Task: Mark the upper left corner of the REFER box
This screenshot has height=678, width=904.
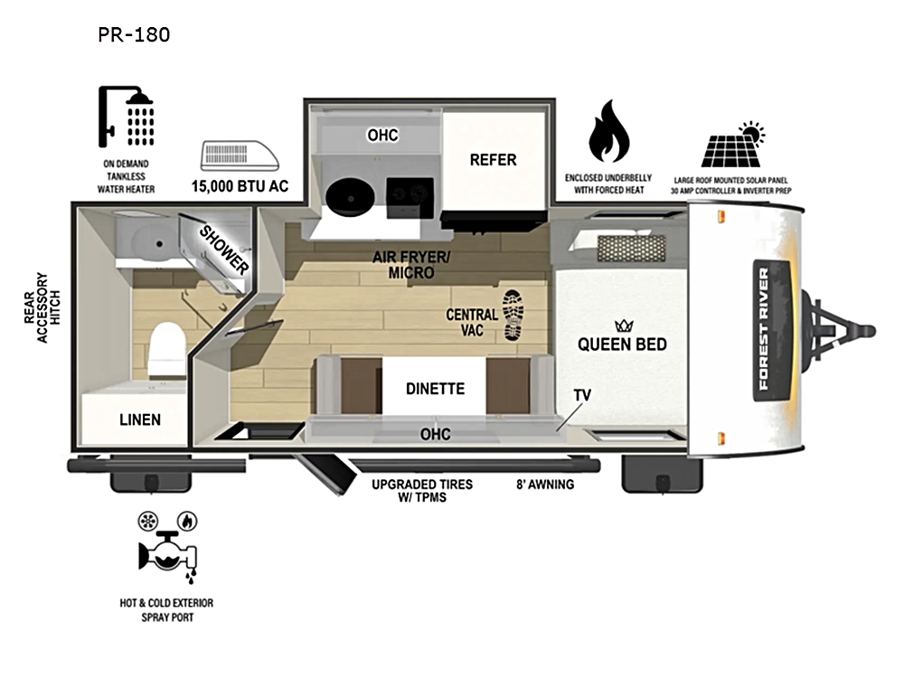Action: (443, 112)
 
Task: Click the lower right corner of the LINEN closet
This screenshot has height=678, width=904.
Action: (189, 445)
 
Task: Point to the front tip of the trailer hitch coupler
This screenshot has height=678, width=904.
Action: (874, 332)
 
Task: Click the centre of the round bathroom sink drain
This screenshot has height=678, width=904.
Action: (160, 244)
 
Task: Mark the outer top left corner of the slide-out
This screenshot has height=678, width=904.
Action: (304, 99)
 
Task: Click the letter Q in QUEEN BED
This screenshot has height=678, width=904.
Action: (583, 344)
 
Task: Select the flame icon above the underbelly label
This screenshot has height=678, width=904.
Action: (608, 131)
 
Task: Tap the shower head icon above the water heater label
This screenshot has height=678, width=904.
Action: (127, 117)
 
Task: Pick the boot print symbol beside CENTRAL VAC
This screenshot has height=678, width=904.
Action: (513, 315)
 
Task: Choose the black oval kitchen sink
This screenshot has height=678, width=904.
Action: (351, 196)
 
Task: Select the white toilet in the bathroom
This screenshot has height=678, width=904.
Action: (167, 348)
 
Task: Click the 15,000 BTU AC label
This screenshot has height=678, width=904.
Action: (240, 186)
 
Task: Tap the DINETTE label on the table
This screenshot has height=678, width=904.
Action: (436, 389)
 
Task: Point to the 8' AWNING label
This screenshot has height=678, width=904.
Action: (545, 485)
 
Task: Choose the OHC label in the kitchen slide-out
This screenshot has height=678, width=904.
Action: (382, 135)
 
